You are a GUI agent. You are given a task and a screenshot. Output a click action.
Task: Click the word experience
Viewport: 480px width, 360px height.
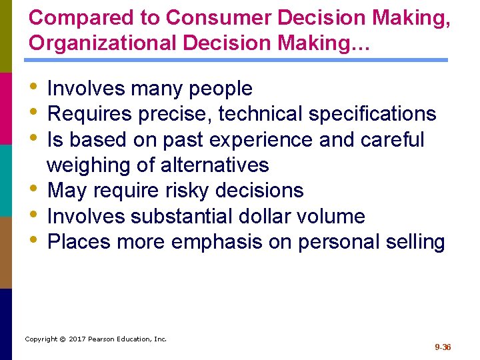[x=256, y=140]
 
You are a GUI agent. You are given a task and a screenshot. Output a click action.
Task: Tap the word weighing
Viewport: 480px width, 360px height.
[x=89, y=165]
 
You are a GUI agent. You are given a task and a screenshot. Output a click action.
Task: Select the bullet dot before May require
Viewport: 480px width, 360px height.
[x=35, y=191]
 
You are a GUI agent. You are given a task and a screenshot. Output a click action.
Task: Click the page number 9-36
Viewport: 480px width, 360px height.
[x=443, y=347]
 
